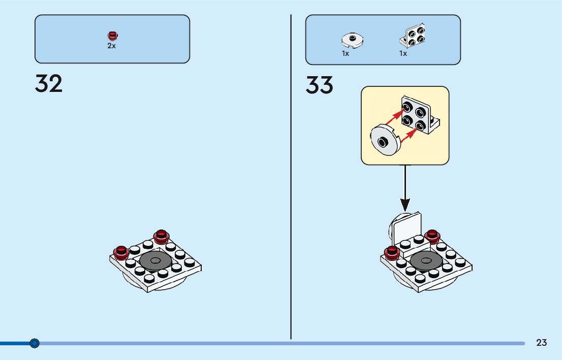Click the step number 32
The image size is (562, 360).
pyautogui.click(x=49, y=84)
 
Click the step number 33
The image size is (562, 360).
pyautogui.click(x=319, y=85)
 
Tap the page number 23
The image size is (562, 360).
pyautogui.click(x=541, y=343)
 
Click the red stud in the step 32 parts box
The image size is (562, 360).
pyautogui.click(x=112, y=35)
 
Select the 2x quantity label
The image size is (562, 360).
pyautogui.click(x=111, y=46)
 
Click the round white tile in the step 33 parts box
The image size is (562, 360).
pyautogui.click(x=352, y=40)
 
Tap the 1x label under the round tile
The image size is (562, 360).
pyautogui.click(x=346, y=53)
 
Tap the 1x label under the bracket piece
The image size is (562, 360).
pyautogui.click(x=403, y=53)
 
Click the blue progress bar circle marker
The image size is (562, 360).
pyautogui.click(x=35, y=343)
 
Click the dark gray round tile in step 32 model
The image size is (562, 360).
pyautogui.click(x=155, y=261)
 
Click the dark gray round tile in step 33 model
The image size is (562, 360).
pyautogui.click(x=426, y=260)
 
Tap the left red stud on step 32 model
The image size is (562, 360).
pyautogui.click(x=121, y=251)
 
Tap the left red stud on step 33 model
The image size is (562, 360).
pyautogui.click(x=392, y=252)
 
